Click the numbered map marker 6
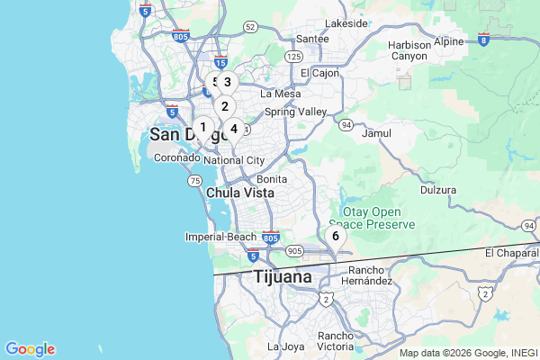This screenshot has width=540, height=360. (336, 236)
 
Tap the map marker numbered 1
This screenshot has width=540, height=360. (202, 127)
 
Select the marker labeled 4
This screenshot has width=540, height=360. (234, 129)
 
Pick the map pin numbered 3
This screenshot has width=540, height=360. (227, 82)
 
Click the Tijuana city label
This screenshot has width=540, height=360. (283, 276)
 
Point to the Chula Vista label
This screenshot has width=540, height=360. (240, 193)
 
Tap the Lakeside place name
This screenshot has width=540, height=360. (346, 22)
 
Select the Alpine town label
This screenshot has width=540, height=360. (449, 40)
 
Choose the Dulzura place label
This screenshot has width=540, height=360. (438, 191)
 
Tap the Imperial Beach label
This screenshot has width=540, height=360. (220, 237)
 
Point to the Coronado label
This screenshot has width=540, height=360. (177, 157)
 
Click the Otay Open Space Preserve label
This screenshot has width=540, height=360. (372, 217)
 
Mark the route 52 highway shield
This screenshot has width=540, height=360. (249, 27)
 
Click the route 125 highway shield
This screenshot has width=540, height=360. (293, 57)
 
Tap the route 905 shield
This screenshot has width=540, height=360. (294, 251)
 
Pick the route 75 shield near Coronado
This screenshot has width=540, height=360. (194, 181)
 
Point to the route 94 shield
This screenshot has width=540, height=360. (346, 125)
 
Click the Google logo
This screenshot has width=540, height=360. (30, 349)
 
